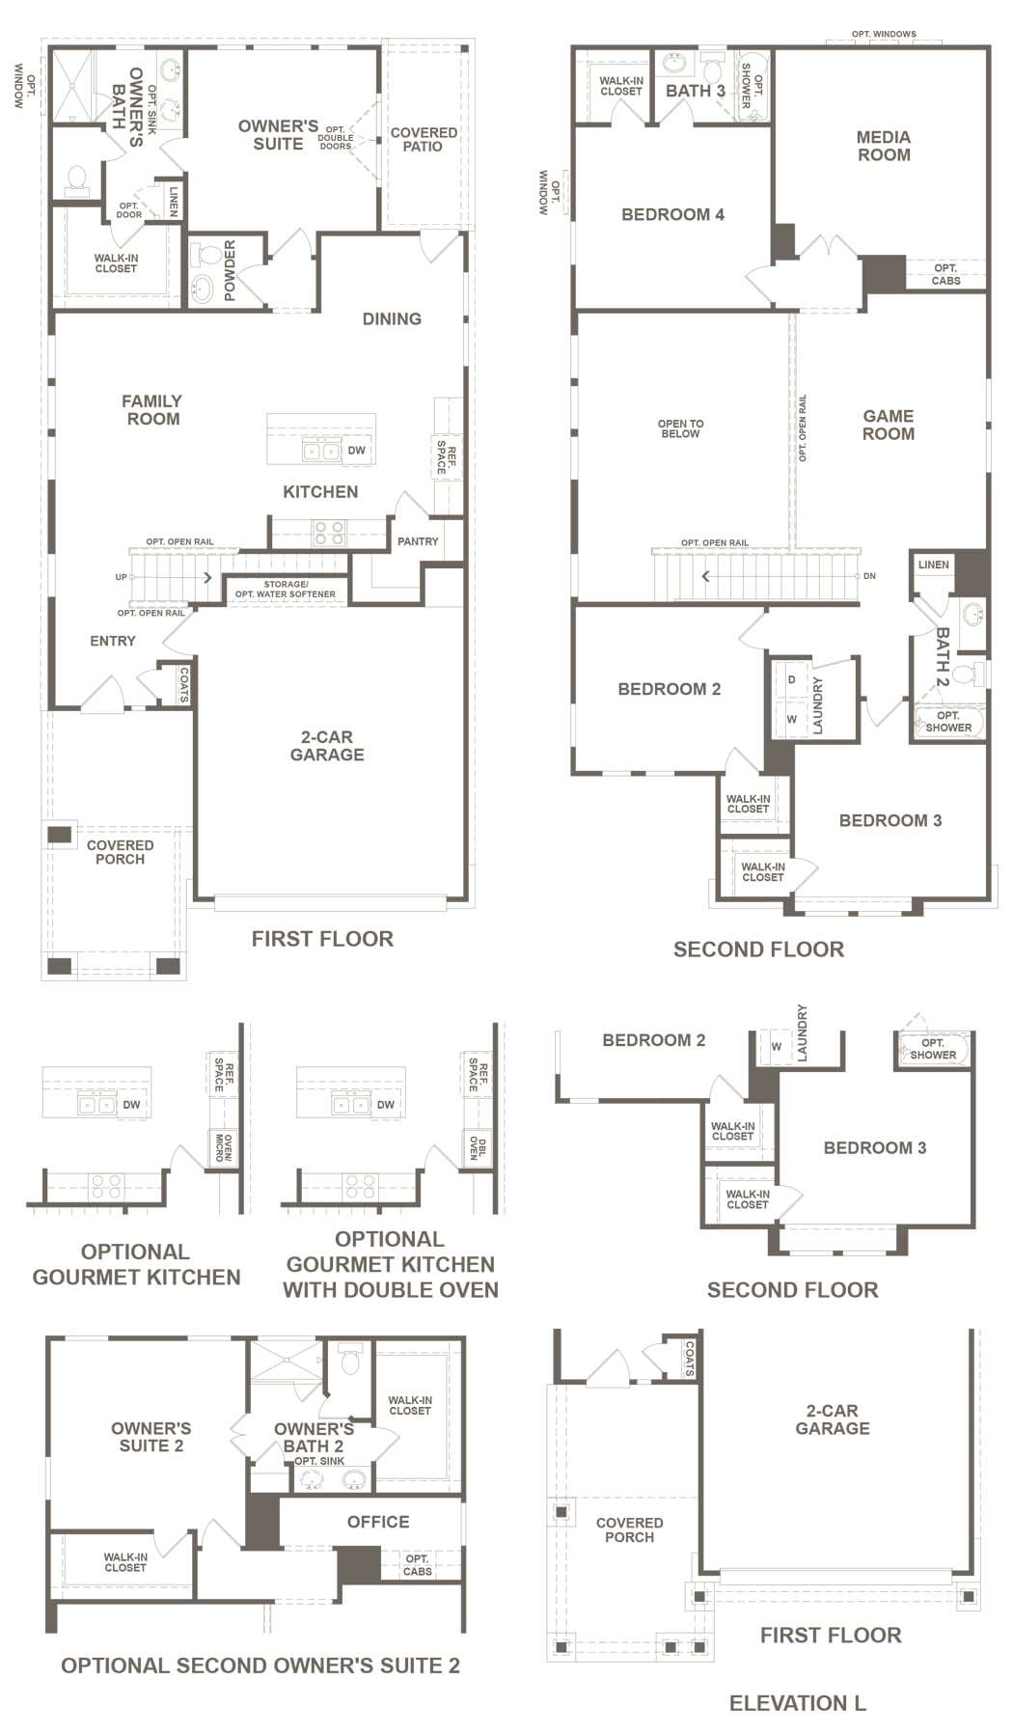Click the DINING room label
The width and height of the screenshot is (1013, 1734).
(392, 319)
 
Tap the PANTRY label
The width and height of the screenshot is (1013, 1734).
(418, 542)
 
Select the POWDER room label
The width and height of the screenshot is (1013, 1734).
(230, 271)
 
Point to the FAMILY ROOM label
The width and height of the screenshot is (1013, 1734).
(152, 410)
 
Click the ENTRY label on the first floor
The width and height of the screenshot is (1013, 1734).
(113, 641)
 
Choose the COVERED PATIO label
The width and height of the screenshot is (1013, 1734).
(424, 140)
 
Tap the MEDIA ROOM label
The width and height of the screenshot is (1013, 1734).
(884, 146)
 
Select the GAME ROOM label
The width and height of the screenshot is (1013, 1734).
(889, 425)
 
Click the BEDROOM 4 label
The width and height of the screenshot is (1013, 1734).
(672, 214)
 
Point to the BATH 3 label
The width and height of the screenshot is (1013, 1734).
(696, 91)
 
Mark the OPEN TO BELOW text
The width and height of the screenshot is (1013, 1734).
(680, 428)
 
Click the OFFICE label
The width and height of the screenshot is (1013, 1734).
(378, 1522)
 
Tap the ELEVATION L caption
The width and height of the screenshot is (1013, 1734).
(798, 1703)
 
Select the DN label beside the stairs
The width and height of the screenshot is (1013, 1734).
(869, 576)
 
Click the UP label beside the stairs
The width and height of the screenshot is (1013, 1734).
(121, 578)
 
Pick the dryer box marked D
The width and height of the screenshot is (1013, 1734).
(792, 679)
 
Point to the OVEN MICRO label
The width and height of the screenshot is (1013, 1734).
(224, 1148)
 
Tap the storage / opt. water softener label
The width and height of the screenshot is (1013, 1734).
(286, 590)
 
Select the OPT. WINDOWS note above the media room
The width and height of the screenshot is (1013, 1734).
(884, 35)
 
